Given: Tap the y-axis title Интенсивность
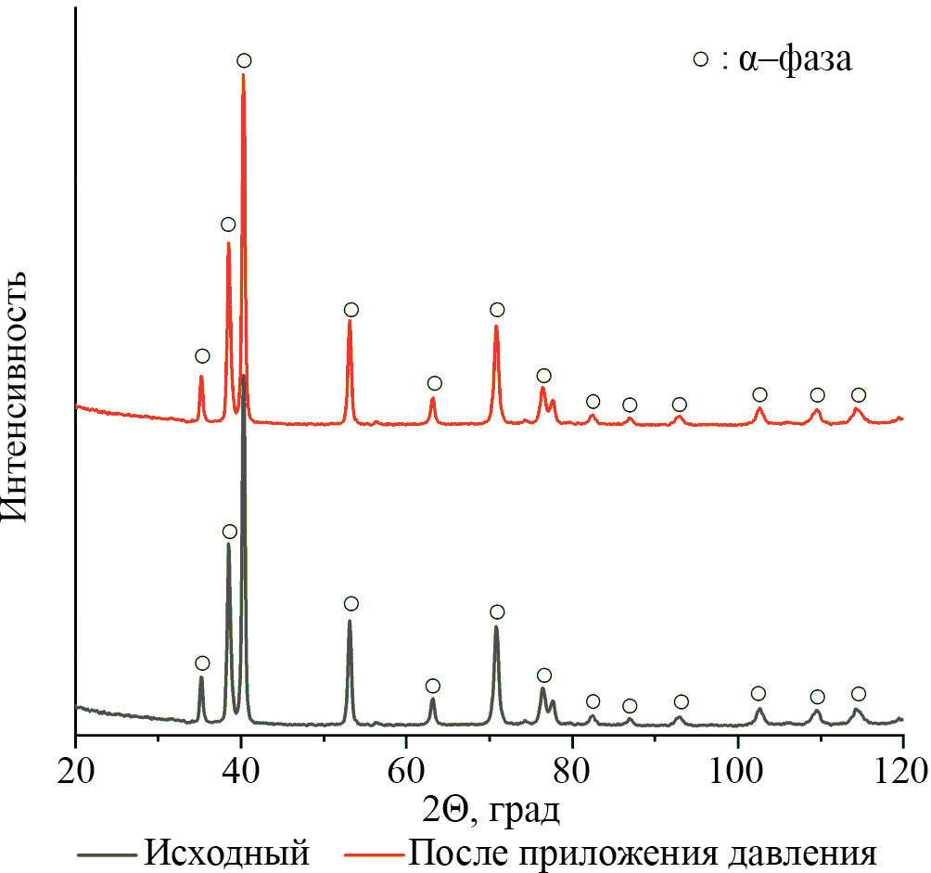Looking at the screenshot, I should [x=20, y=397].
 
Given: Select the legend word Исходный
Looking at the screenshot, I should [x=226, y=852].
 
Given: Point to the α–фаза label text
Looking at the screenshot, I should [x=795, y=60].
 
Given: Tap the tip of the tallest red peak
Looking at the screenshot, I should [x=243, y=75].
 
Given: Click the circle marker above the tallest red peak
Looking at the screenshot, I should [x=244, y=60].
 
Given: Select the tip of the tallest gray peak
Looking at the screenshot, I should [x=243, y=376].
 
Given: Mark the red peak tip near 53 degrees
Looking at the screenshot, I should [x=350, y=320].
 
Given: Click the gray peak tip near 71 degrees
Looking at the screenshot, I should [x=496, y=626].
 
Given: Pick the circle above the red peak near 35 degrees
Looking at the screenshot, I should [x=202, y=356].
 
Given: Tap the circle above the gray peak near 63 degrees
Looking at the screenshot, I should [x=432, y=686].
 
